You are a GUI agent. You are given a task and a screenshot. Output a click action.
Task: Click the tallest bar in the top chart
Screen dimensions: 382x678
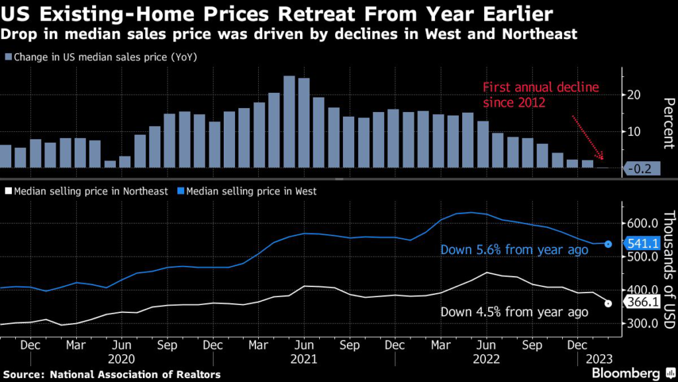click(289, 122)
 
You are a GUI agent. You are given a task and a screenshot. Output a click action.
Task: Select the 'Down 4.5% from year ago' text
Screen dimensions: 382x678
click(514, 312)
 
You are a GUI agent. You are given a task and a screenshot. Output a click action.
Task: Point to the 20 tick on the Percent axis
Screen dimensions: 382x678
click(634, 95)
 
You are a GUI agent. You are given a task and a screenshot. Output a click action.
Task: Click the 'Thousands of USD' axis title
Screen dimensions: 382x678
click(667, 269)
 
